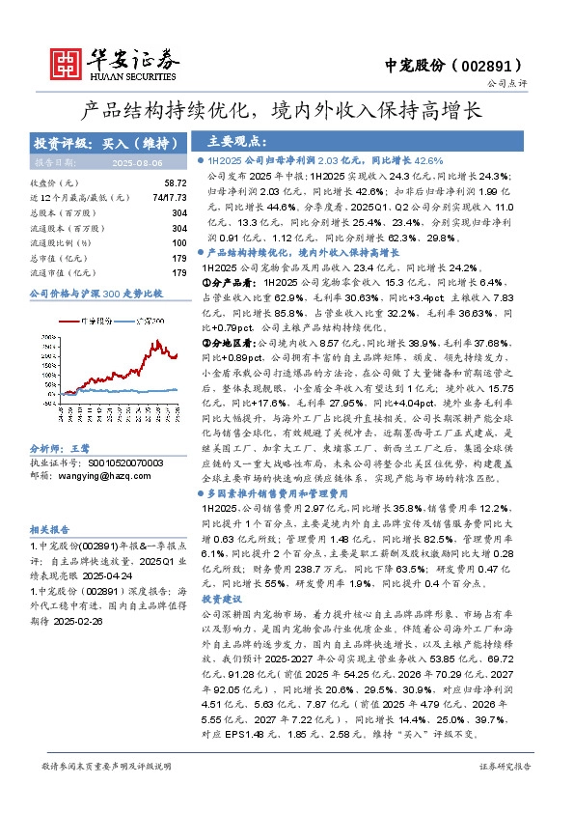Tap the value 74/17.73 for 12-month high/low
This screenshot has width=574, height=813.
click(x=168, y=197)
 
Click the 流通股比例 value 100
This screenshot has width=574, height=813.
click(x=178, y=242)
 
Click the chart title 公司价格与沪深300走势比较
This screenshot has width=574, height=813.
click(x=96, y=292)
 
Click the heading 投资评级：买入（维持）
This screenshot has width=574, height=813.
click(x=107, y=143)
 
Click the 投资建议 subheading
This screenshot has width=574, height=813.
click(x=225, y=600)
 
